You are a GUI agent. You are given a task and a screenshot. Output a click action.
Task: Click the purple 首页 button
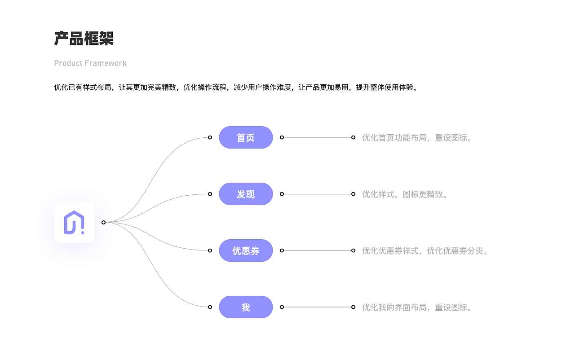point(246,137)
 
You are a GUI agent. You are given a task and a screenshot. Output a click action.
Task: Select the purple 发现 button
point(246,194)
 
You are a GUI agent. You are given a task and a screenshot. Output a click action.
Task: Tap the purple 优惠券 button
point(246,250)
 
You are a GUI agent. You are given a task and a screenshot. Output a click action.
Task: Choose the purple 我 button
point(246,307)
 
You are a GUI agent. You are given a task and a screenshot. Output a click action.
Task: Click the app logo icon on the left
point(74,222)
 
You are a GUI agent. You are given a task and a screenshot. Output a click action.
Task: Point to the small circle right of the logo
point(103,222)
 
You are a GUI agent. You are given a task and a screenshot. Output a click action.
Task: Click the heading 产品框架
point(84,39)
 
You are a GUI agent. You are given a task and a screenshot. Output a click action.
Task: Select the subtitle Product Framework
point(90,63)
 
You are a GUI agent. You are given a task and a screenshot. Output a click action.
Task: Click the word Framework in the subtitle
point(106,63)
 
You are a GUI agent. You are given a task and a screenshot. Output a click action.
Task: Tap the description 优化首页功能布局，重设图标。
point(418,137)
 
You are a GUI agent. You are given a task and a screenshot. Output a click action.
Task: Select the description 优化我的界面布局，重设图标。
point(418,307)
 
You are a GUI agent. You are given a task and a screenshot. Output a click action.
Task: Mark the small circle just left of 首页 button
point(210,137)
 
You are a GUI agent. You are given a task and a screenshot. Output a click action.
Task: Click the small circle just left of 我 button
point(210,307)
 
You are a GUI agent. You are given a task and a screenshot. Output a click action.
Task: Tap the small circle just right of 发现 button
point(282,194)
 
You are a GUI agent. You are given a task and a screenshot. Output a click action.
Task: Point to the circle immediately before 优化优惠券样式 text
point(353,250)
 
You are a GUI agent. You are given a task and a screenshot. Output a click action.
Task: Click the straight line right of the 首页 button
point(317,137)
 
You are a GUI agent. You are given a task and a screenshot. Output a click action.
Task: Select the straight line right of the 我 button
point(317,307)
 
